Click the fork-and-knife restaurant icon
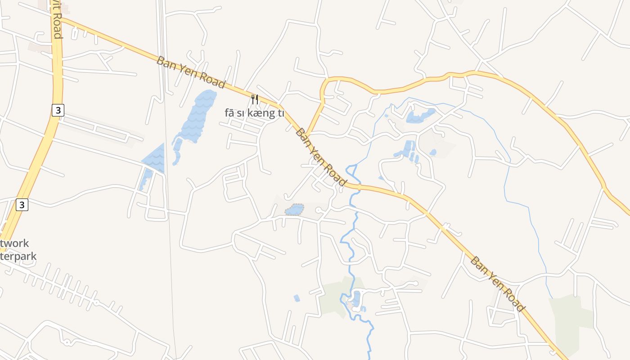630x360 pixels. coord(255,99)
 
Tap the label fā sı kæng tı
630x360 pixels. coord(254,113)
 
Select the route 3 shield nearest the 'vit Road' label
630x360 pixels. coord(58,110)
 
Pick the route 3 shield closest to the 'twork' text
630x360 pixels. coord(22,205)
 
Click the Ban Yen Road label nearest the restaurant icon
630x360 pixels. coord(190,72)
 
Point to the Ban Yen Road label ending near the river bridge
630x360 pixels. coord(321,157)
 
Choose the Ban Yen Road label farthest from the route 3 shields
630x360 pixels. coord(498,284)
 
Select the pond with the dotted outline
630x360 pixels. coord(294,210)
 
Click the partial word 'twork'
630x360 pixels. coord(14,243)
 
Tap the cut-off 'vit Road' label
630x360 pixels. coord(57,20)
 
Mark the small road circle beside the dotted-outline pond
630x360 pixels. coord(318,210)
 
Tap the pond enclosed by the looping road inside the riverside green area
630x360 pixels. coord(357,298)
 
